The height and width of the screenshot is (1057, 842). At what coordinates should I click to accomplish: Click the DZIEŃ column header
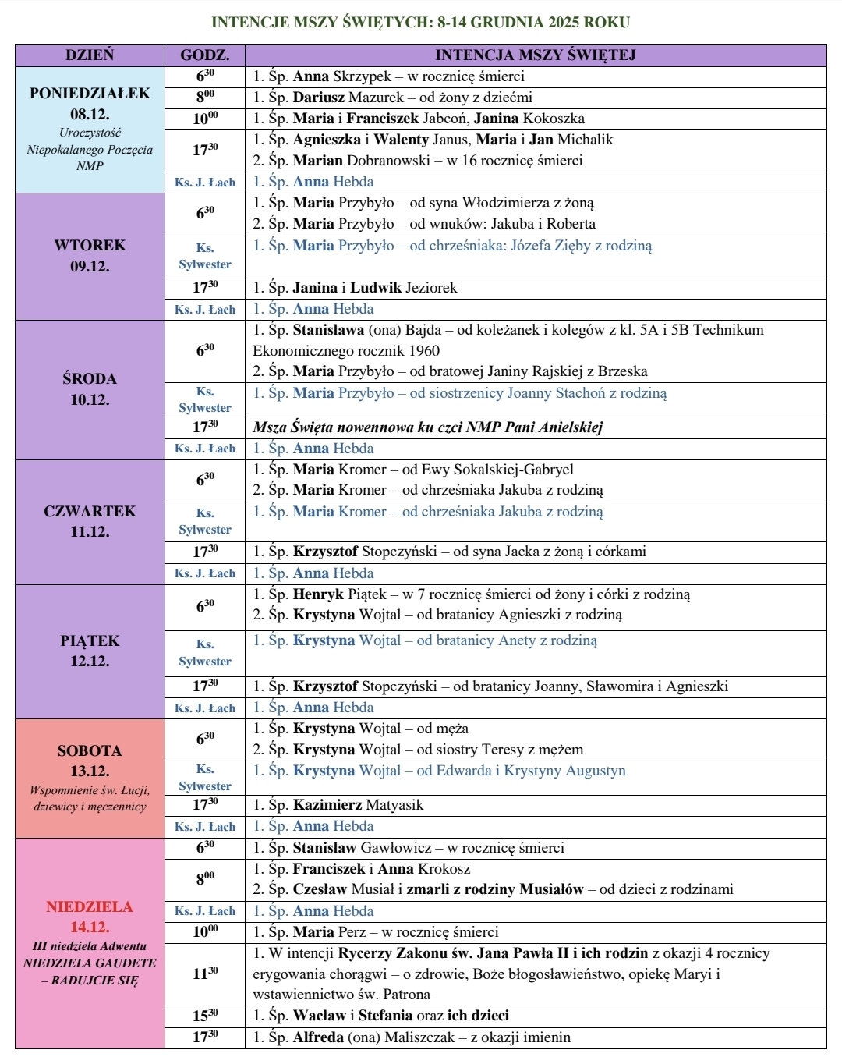click(90, 55)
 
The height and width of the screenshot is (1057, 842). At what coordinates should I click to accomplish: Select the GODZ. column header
click(205, 55)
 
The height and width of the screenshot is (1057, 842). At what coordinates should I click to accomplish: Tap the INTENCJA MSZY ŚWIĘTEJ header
click(536, 55)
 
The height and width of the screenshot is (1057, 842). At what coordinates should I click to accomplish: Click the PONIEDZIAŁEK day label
click(90, 94)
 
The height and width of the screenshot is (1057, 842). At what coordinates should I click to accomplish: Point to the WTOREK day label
click(90, 245)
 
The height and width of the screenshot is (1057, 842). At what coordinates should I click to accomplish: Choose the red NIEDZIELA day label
click(90, 906)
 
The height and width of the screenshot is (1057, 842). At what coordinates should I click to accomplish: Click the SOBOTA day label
click(90, 750)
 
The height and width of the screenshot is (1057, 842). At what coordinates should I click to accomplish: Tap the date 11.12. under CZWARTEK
click(90, 532)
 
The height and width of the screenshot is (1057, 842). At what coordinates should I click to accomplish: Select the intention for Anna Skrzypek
click(388, 76)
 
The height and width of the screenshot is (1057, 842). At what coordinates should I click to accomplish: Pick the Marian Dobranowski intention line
click(417, 161)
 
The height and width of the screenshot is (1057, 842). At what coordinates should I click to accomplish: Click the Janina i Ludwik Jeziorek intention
click(355, 288)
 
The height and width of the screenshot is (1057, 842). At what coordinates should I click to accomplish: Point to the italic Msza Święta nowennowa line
click(427, 427)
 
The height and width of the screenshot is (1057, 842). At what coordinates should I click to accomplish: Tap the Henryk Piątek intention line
click(471, 594)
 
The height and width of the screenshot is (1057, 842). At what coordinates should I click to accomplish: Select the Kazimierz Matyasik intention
click(338, 805)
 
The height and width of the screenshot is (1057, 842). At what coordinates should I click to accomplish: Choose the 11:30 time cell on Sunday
click(205, 974)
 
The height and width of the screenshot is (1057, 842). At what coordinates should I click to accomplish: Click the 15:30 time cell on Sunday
click(205, 1016)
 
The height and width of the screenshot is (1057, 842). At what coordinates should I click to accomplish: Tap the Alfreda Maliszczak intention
click(412, 1037)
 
